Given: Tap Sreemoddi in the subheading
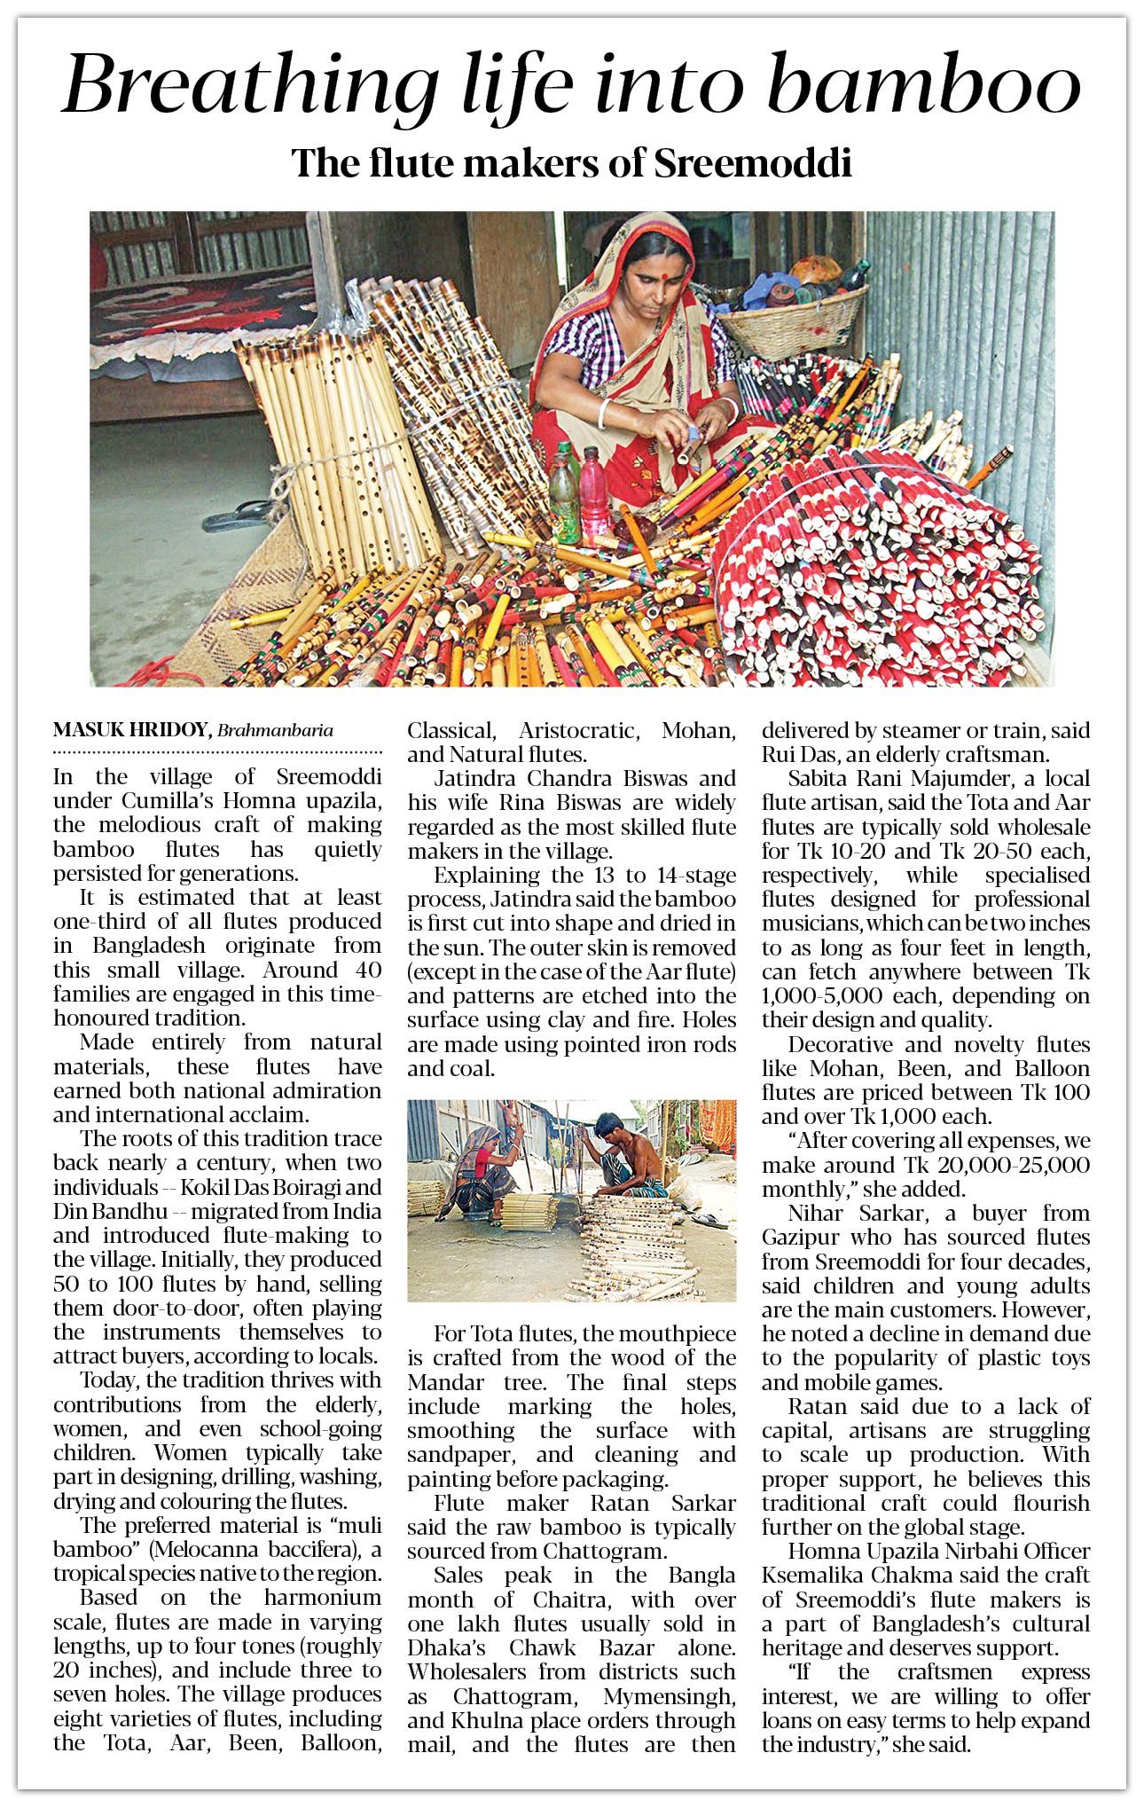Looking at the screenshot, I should point(753,164).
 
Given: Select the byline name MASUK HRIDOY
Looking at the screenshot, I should point(131,730).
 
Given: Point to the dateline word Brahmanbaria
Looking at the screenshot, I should point(275,731).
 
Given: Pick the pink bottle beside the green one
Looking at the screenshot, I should point(594,492).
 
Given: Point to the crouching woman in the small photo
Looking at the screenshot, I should point(484,1171).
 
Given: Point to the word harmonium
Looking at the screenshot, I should point(323,1598).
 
